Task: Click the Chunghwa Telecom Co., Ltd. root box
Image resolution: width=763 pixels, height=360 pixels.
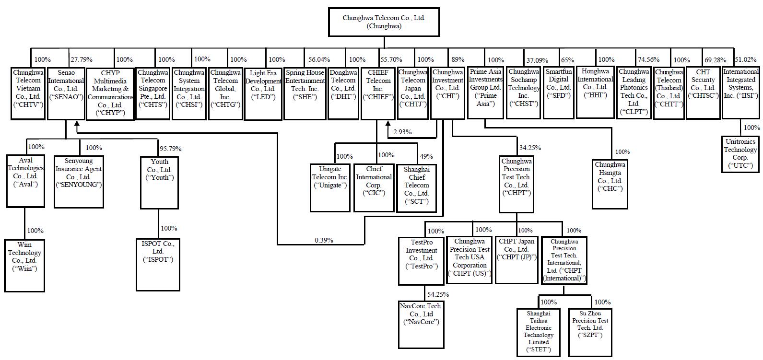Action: coord(384,22)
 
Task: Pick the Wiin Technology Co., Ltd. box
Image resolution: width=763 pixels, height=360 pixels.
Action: coord(24,266)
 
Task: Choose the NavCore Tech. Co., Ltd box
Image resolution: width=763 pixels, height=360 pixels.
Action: coord(421,324)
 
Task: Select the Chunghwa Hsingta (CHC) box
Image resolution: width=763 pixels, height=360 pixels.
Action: coord(610,184)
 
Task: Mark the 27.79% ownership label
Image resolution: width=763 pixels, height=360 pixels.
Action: coord(82,59)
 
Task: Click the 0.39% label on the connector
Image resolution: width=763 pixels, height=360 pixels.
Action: coord(324,240)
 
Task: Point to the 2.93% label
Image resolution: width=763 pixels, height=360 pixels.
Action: coord(402,132)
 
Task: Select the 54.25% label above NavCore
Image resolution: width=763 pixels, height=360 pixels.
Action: coord(439,294)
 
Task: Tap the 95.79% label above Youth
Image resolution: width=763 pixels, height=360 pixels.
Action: coord(170,149)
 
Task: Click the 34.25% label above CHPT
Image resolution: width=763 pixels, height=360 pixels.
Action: coord(529,148)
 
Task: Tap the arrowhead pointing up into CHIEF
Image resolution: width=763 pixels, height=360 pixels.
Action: coord(388,124)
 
